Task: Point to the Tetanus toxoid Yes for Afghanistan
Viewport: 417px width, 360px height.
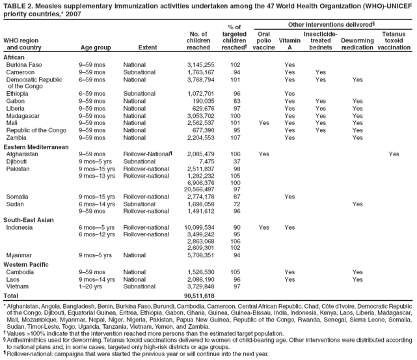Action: coord(394,154)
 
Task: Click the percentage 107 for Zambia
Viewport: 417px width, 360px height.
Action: coord(235,137)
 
